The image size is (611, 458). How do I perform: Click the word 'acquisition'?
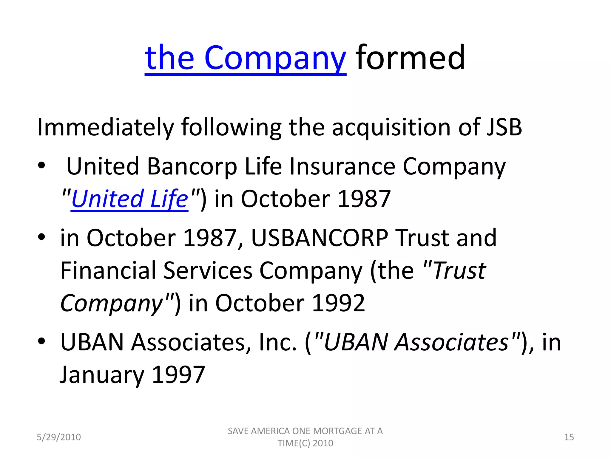click(391, 127)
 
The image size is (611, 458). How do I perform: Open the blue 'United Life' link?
click(129, 199)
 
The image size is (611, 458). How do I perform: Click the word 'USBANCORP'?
click(320, 238)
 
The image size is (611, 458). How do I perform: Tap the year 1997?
click(178, 375)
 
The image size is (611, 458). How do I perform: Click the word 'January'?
click(102, 375)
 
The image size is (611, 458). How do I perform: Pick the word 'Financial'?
click(108, 270)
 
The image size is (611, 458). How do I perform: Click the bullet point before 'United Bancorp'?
click(41, 165)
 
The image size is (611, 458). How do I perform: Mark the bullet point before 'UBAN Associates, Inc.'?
click(41, 341)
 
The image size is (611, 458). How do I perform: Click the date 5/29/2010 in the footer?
click(59, 437)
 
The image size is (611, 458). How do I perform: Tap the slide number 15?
click(569, 437)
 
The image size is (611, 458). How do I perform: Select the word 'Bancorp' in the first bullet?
click(192, 166)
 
